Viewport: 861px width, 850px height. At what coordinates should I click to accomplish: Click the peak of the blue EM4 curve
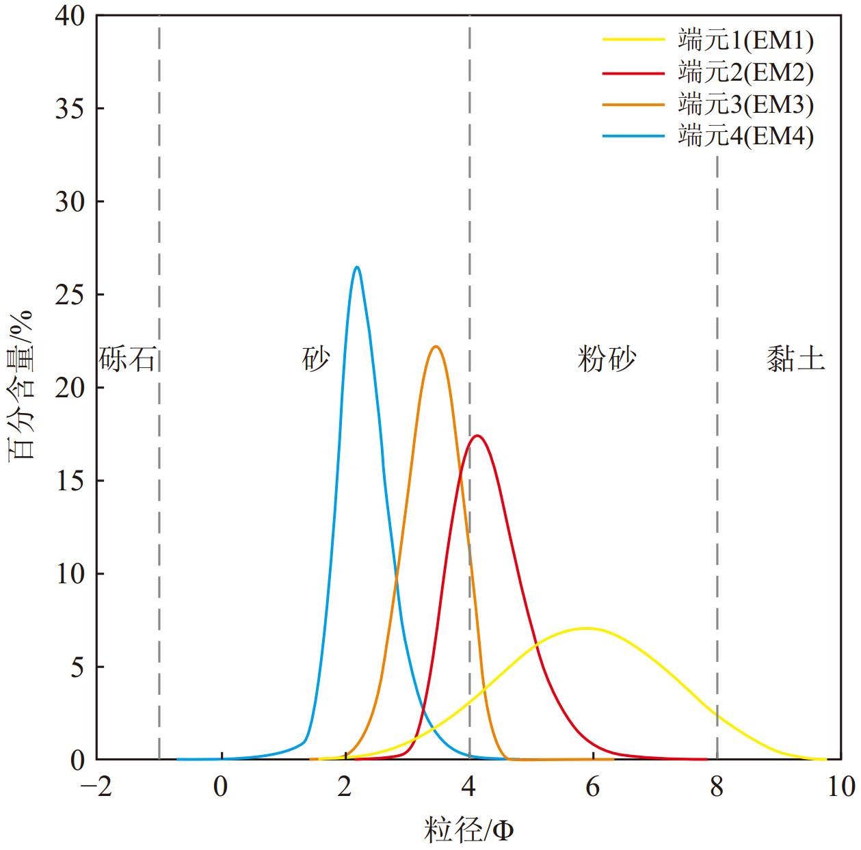(357, 267)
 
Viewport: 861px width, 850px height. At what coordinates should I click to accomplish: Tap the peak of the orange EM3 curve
(435, 347)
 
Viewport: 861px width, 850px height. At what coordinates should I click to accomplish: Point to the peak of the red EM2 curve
(477, 436)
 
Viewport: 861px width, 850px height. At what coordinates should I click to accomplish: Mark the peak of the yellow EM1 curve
(586, 628)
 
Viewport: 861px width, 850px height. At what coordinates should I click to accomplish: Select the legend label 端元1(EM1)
(745, 40)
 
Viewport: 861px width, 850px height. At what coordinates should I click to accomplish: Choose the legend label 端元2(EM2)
(745, 72)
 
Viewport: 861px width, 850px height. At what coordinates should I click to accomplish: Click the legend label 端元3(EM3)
(745, 105)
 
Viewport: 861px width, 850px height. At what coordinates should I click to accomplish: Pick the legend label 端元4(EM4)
(745, 137)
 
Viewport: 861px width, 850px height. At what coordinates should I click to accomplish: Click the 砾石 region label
(129, 358)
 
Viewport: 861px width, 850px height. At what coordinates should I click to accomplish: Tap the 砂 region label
(316, 358)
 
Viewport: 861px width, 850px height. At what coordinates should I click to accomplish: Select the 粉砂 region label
(607, 358)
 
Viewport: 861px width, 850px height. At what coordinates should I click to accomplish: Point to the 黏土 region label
(795, 358)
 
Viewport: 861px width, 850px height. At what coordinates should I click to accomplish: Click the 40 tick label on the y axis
(70, 16)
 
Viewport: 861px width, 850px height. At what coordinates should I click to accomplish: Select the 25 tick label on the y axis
(70, 295)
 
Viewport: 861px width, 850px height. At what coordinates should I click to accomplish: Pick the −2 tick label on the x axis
(95, 787)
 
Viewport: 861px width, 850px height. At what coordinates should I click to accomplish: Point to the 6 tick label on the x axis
(592, 787)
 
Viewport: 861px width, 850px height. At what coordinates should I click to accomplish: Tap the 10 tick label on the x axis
(840, 787)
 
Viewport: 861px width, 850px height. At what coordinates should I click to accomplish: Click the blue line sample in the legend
(633, 137)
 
